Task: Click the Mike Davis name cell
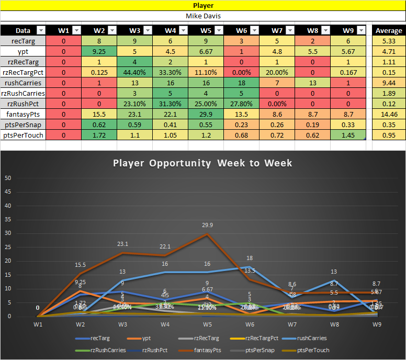coord(203,16)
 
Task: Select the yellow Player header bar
coord(203,5)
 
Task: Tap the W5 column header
coord(205,30)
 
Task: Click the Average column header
coord(388,30)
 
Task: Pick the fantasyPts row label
coord(23,114)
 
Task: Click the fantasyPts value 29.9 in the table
coord(205,114)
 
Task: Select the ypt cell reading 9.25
coord(99,51)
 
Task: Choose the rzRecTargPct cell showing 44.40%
coord(134,72)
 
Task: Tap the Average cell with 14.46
coord(388,114)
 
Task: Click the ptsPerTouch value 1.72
coord(99,134)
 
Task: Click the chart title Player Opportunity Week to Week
coord(202,163)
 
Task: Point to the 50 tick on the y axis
coord(8,177)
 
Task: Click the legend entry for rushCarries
coord(312,337)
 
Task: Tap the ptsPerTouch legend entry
coord(312,350)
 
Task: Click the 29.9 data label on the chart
coord(208,225)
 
